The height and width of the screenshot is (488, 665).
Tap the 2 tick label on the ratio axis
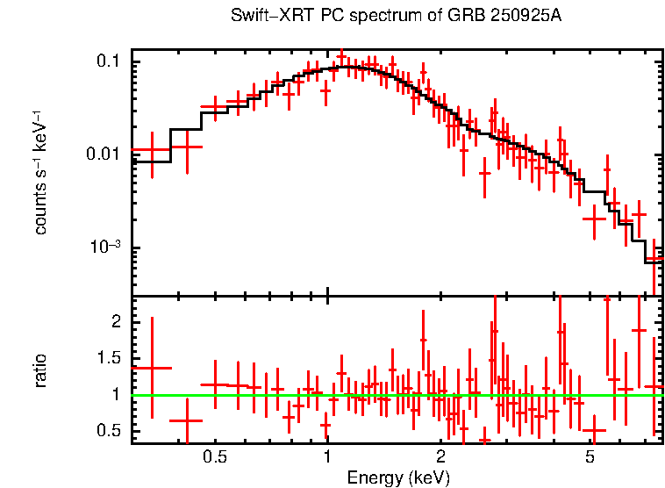pos(115,322)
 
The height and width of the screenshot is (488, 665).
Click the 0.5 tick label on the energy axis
pos(214,457)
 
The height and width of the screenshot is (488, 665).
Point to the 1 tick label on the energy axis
pos(327,457)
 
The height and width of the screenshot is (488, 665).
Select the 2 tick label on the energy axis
pos(440,457)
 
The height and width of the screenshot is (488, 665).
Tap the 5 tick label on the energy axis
pos(590,457)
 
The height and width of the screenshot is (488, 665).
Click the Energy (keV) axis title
pos(398,477)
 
